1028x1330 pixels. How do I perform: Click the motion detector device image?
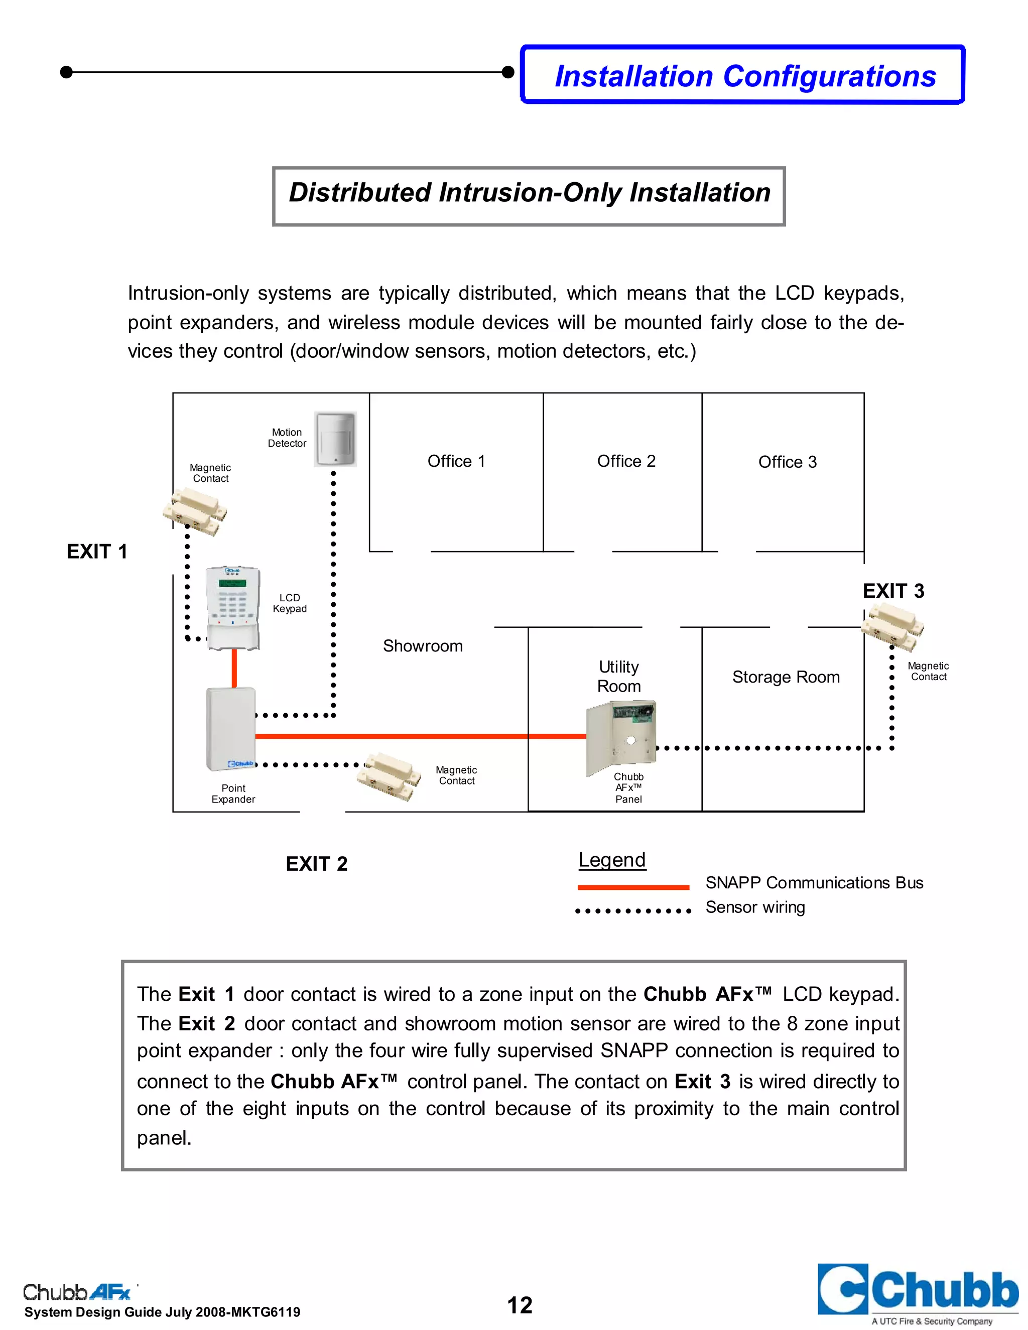point(334,439)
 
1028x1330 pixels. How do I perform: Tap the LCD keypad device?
point(233,607)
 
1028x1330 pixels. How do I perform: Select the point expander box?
point(231,728)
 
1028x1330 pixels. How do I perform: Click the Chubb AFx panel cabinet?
point(620,738)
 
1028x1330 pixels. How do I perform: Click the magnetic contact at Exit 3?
point(892,628)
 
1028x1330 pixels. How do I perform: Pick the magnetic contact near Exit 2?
point(389,775)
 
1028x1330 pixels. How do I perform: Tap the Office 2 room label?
point(626,461)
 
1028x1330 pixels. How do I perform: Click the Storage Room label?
point(786,677)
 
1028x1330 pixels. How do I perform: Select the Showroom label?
point(423,645)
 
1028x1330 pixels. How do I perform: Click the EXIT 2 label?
point(317,864)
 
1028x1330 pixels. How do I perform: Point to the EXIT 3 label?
point(893,590)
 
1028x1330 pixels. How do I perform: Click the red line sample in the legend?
point(633,887)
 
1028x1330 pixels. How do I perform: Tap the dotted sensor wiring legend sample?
point(633,911)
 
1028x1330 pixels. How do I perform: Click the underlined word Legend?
point(612,860)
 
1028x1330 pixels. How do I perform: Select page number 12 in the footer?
point(520,1305)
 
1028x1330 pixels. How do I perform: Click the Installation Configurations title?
point(745,76)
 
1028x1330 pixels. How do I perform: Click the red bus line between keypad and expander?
point(234,668)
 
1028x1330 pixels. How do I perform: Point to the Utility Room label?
point(619,677)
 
